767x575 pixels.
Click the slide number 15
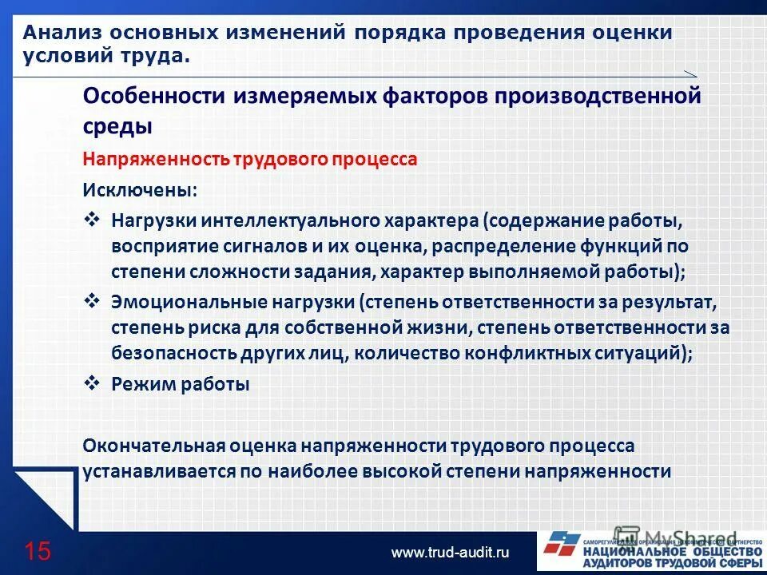38,551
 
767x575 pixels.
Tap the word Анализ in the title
58,34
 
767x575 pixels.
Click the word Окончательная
154,446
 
